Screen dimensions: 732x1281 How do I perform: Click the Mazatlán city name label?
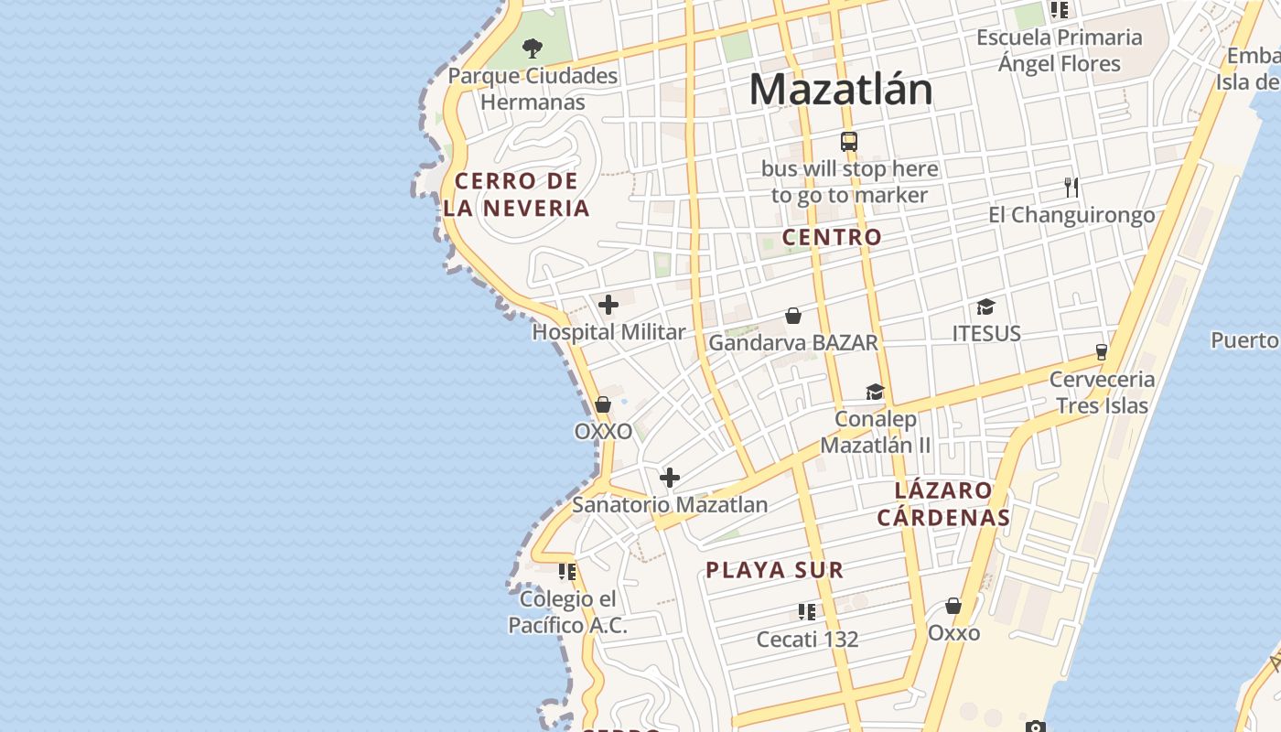tap(841, 90)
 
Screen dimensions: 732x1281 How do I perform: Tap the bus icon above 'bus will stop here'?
tap(849, 142)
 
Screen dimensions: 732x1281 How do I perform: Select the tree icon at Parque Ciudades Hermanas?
tap(533, 48)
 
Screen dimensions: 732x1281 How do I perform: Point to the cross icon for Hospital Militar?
tap(608, 305)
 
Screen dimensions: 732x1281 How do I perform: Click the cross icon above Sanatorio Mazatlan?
tap(670, 477)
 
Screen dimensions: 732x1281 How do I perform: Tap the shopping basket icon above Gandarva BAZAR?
tap(793, 316)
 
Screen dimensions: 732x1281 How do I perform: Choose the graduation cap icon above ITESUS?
tap(985, 307)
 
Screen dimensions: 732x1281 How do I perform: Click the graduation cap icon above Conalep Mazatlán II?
tap(875, 393)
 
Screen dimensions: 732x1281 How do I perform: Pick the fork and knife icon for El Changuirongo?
tap(1071, 188)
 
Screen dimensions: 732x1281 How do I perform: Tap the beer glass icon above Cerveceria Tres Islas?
tap(1102, 352)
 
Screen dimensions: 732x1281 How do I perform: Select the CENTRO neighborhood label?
tap(832, 237)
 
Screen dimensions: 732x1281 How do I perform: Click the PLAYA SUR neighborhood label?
tap(774, 570)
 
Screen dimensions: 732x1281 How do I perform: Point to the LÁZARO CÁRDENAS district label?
tap(943, 504)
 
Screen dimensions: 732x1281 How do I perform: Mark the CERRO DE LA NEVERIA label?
tap(517, 194)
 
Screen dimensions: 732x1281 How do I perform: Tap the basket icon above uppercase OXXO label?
tap(603, 404)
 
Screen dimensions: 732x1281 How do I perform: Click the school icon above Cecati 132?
tap(806, 611)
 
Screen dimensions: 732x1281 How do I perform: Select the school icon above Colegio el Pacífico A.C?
tap(567, 572)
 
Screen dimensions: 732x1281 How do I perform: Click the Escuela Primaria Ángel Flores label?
tap(1060, 50)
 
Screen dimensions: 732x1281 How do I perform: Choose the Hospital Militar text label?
tap(608, 332)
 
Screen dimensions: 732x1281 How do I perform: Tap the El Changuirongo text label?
tap(1071, 215)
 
